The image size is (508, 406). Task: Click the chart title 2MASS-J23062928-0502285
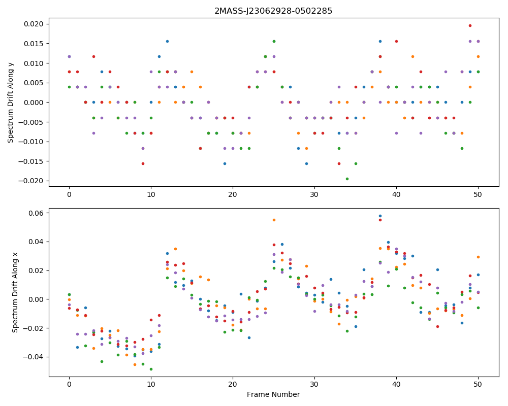pos(273,11)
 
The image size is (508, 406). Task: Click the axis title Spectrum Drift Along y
pos(11,103)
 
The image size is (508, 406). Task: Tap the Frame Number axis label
pos(273,394)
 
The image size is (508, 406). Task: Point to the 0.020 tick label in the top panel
pos(34,24)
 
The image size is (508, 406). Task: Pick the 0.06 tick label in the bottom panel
pos(37,213)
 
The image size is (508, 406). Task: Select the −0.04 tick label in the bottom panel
pos(35,357)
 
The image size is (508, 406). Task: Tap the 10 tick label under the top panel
pos(151,194)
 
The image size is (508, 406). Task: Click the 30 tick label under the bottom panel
pos(314,385)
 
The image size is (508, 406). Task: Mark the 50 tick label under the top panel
pos(478,194)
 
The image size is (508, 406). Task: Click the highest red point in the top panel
pos(470,25)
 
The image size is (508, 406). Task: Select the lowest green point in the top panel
pos(347,179)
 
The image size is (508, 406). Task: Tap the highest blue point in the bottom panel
pos(380,216)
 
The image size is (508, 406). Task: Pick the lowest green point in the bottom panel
pos(151,369)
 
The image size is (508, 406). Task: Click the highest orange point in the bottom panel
pos(274,220)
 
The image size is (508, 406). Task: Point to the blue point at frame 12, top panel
pos(167,42)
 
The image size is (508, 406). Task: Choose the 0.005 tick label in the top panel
pos(34,83)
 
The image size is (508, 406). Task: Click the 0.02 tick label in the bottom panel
pos(37,270)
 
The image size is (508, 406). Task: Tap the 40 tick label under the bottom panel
pos(396,385)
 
